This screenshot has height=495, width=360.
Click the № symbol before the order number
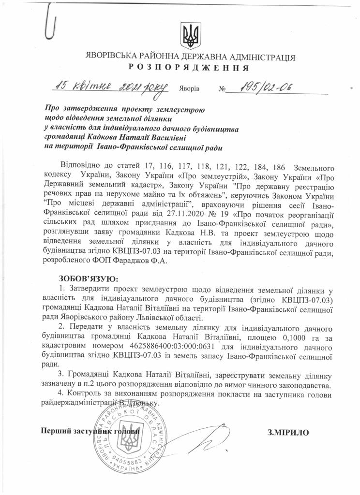click(x=223, y=89)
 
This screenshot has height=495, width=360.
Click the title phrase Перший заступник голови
click(x=92, y=431)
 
